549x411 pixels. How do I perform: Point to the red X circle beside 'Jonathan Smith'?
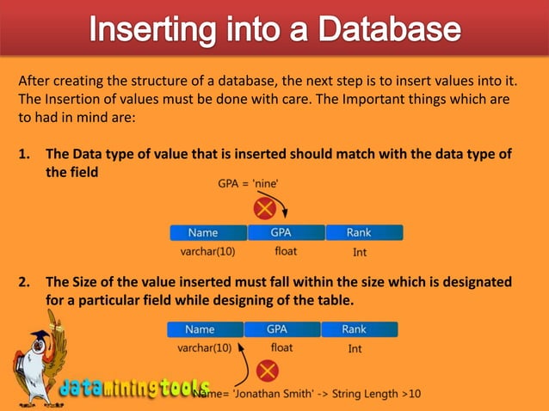point(268,371)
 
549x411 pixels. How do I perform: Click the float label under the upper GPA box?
point(286,252)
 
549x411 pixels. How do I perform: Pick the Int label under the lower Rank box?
point(355,349)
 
